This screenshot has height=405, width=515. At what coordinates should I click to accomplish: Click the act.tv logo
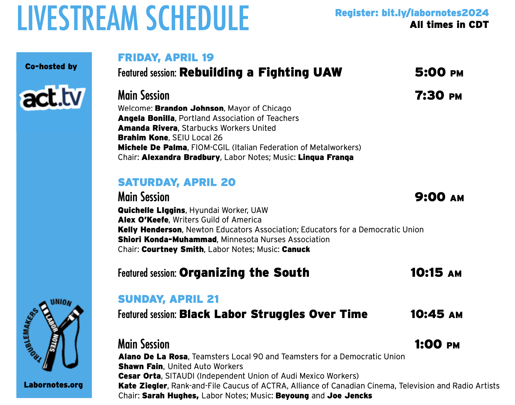pos(52,98)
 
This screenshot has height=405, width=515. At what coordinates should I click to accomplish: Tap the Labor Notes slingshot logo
pos(53,335)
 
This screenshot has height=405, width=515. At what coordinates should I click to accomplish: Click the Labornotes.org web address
pos(53,385)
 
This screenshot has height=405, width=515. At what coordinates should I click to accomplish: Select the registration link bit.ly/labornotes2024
pos(435,13)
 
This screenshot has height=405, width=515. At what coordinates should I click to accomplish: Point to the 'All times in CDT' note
pos(449,25)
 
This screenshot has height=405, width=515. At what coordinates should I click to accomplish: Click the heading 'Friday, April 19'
pos(166,57)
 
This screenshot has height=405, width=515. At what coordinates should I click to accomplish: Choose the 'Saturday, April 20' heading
pos(177,182)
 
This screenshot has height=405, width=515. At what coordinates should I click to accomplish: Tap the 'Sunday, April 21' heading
pos(168,299)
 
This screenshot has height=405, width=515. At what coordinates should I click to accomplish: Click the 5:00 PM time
pos(439,72)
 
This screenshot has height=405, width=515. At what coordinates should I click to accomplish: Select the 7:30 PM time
pos(438,96)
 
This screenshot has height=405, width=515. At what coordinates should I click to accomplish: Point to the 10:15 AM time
pos(436,273)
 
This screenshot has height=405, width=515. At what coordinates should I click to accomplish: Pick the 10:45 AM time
pos(437,314)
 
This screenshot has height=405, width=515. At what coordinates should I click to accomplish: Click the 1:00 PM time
pos(437,344)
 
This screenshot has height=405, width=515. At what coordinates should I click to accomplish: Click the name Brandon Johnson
pos(189,108)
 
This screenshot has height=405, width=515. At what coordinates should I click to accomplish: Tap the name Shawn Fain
pos(141,367)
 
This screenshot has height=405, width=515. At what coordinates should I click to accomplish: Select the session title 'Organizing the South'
pos(244,273)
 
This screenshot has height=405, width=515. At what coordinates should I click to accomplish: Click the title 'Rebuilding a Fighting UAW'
pos(261,72)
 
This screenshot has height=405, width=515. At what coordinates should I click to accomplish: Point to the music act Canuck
pos(296,249)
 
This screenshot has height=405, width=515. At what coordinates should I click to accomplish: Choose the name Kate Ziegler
pos(143,386)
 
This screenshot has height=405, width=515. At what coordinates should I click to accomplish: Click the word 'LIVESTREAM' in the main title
pos(78,18)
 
